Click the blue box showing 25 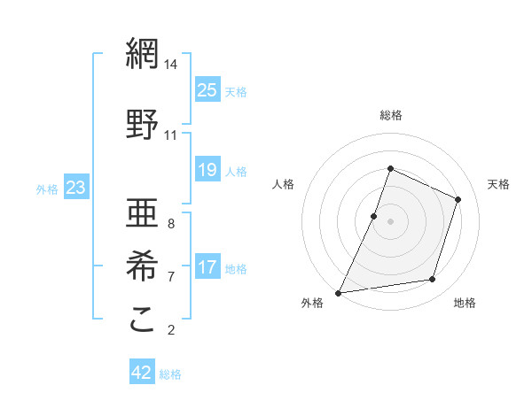pyautogui.click(x=207, y=89)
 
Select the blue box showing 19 pyautogui.click(x=207, y=170)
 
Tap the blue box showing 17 pyautogui.click(x=207, y=267)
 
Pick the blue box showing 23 pyautogui.click(x=75, y=187)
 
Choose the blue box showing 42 pyautogui.click(x=142, y=373)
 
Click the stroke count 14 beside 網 pyautogui.click(x=171, y=65)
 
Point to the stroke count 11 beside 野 pyautogui.click(x=171, y=135)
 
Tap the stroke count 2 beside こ pyautogui.click(x=171, y=330)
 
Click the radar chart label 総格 pyautogui.click(x=390, y=115)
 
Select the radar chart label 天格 pyautogui.click(x=498, y=184)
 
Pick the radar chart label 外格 pyautogui.click(x=312, y=303)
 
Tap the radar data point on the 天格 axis pyautogui.click(x=458, y=199)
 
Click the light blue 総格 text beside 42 pyautogui.click(x=170, y=374)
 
